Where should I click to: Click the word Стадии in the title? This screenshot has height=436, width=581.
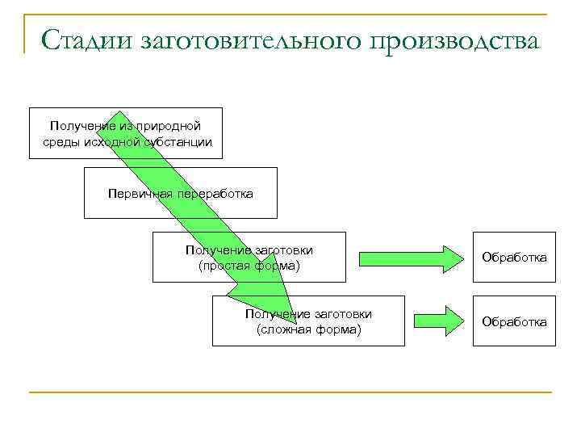click(86, 40)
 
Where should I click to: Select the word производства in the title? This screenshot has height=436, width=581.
click(454, 40)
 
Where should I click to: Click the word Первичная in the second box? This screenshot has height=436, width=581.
click(138, 194)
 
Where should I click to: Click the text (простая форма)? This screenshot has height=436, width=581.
click(249, 265)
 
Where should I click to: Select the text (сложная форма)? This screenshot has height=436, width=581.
click(308, 329)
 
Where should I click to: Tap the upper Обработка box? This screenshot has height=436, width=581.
click(514, 258)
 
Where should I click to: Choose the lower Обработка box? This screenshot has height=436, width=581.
click(514, 322)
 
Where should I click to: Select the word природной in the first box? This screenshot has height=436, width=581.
click(168, 126)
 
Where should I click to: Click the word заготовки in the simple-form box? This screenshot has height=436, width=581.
click(284, 249)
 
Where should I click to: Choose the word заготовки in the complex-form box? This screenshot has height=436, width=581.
click(344, 314)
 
